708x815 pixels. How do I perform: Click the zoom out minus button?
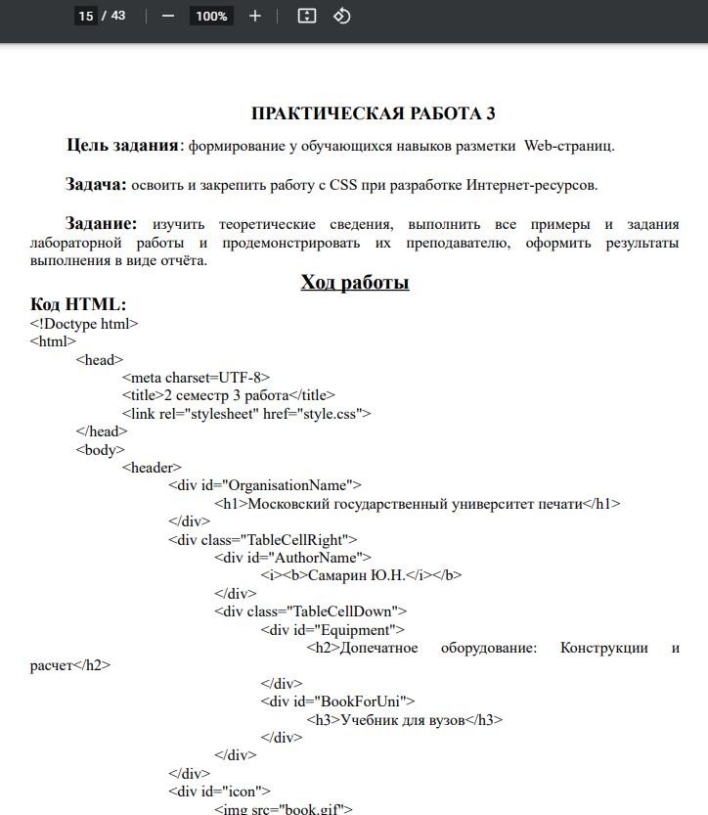[168, 16]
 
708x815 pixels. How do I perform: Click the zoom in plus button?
[255, 16]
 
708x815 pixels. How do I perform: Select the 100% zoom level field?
[210, 16]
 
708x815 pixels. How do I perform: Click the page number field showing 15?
[86, 16]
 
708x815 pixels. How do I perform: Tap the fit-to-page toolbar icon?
[307, 16]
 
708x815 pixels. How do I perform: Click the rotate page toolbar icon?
[341, 16]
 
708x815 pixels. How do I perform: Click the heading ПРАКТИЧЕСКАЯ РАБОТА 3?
[373, 113]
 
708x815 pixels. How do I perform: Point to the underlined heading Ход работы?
[354, 283]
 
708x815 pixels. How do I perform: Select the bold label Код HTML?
[78, 304]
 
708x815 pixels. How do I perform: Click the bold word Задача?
[96, 184]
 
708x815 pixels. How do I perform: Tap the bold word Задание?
[101, 223]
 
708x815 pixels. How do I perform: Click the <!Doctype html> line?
[84, 324]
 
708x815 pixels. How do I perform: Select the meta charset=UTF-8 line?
[196, 378]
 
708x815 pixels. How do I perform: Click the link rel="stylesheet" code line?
[246, 413]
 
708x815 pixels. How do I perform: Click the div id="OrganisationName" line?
[264, 485]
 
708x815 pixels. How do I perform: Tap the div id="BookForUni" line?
[337, 702]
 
